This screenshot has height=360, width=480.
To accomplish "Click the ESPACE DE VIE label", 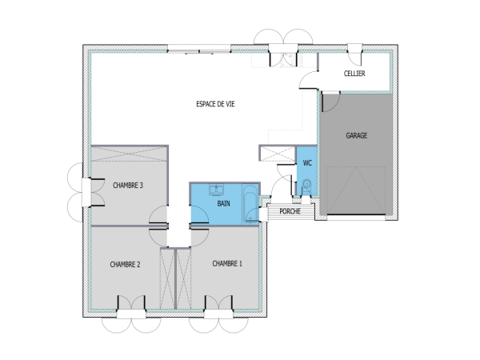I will [216, 104].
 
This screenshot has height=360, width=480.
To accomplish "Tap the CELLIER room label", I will [354, 74].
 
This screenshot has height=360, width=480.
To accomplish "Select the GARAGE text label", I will [357, 136].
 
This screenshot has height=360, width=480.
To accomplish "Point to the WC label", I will [307, 163].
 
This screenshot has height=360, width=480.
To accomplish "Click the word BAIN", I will [224, 204].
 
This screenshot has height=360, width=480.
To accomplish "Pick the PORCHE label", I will [290, 212].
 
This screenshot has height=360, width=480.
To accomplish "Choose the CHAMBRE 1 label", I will [227, 263].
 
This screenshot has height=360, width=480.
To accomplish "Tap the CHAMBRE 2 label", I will [125, 264].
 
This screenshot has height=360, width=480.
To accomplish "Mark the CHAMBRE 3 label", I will [128, 186].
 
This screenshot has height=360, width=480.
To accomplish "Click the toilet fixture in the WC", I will [307, 186].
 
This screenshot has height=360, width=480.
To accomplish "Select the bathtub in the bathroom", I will [251, 205].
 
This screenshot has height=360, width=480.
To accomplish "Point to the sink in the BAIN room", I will [215, 190].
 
